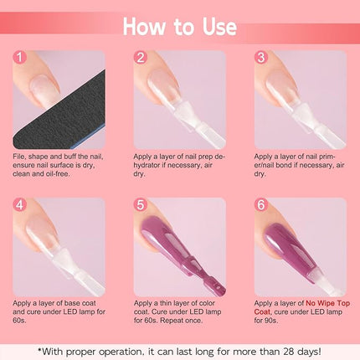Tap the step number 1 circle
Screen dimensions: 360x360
22,59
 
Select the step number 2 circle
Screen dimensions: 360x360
141,59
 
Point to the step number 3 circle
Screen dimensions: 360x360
262,59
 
